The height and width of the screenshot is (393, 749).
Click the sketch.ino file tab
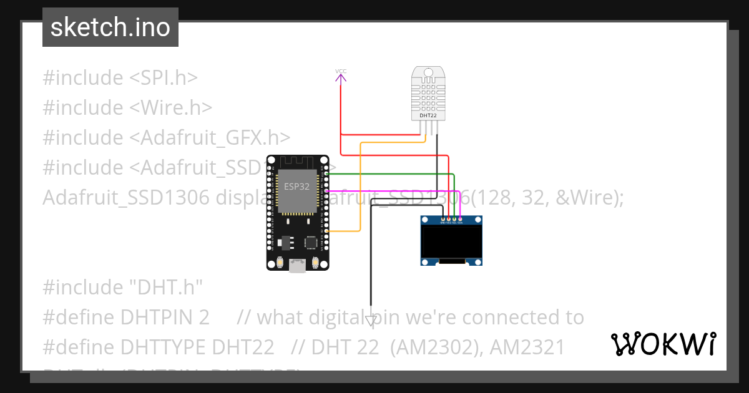(110, 27)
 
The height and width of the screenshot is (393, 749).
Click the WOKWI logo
(663, 344)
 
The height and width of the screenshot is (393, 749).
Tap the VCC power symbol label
(341, 71)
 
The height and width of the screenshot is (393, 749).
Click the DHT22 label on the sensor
(428, 115)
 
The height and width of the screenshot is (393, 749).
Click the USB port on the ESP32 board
(298, 266)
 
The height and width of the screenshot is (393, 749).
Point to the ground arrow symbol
(371, 321)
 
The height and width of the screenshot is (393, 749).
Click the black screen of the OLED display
(451, 243)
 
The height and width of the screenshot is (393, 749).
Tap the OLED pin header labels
(451, 221)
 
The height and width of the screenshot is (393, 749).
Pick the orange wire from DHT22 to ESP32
(360, 187)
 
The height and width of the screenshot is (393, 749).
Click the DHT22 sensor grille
(428, 94)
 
